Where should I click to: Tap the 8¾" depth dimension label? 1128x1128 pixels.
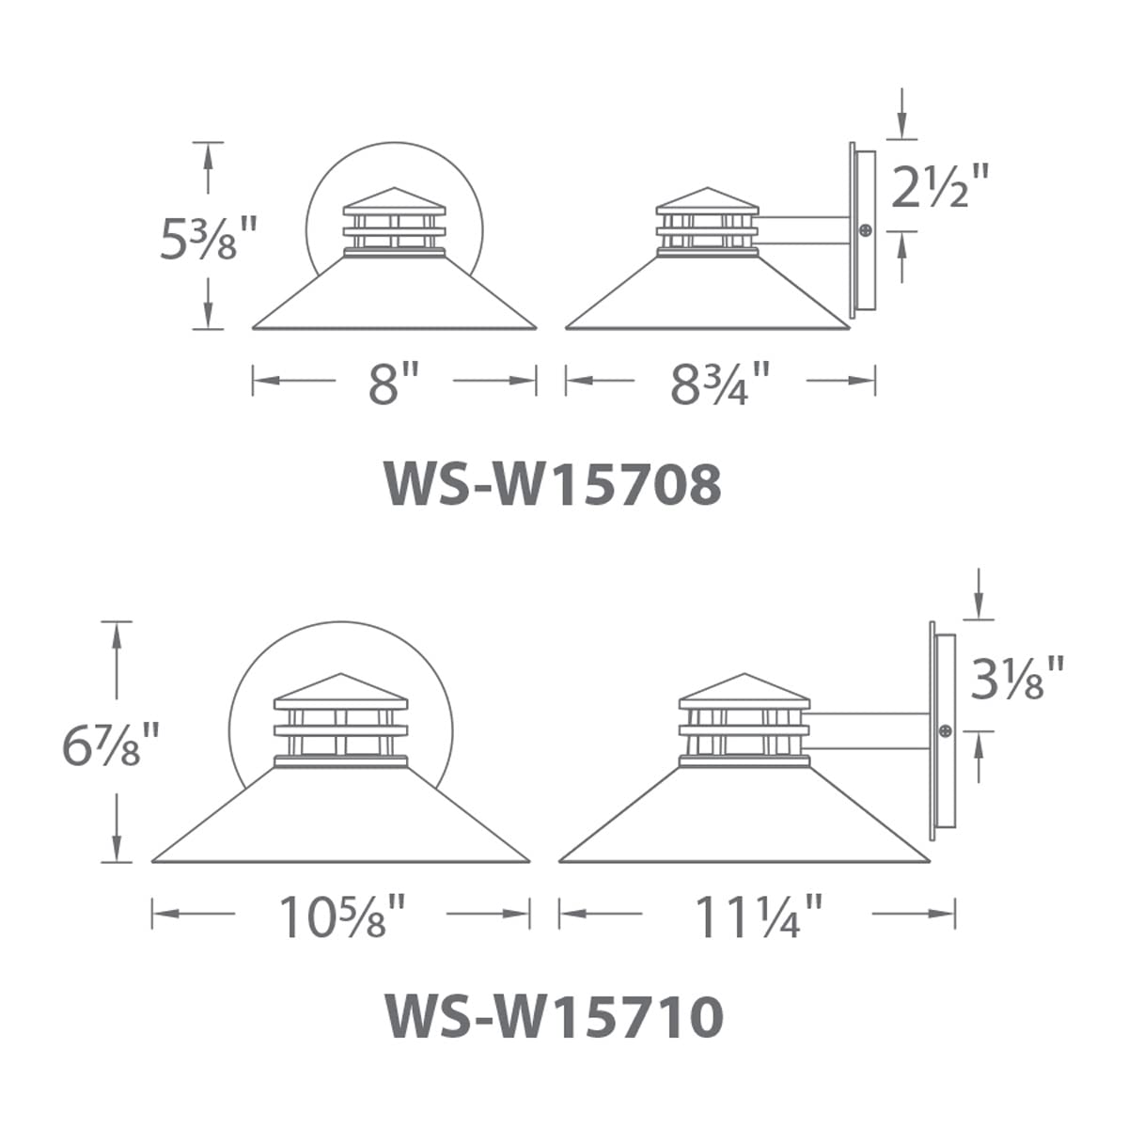(x=719, y=383)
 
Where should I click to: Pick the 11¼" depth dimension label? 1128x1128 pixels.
(x=758, y=916)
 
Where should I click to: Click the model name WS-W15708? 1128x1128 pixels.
(x=553, y=485)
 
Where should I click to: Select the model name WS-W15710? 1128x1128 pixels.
(x=555, y=1016)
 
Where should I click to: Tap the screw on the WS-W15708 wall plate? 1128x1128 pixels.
(x=865, y=230)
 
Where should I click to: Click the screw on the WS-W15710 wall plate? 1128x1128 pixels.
(x=946, y=730)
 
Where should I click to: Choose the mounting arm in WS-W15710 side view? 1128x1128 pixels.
(x=869, y=731)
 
